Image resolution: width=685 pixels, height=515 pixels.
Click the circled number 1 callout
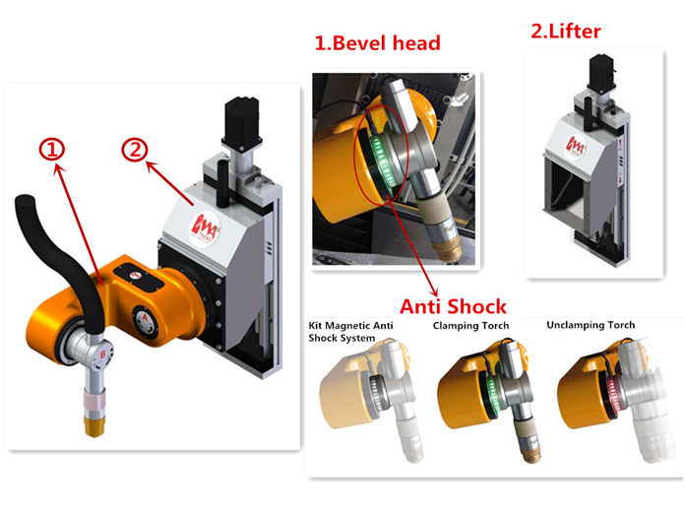pos(52,150)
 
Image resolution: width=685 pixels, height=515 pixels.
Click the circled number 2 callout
pos(134,150)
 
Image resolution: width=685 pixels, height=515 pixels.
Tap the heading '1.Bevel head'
pos(378,43)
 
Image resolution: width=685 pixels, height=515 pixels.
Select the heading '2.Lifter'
pos(566,32)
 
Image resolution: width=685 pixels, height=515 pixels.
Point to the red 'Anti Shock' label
pos(453,306)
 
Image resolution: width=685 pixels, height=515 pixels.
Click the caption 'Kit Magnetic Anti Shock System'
pos(350,332)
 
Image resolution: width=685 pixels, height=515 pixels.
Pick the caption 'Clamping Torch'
pos(470,326)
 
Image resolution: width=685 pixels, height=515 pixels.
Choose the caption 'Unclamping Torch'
pos(591,325)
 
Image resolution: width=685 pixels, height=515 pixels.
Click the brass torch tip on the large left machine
pos(94,425)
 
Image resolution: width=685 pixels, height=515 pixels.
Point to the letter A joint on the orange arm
pos(145,319)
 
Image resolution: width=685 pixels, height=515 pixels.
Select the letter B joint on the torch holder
pos(102,354)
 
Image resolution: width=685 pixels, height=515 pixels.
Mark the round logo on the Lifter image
pos(576,148)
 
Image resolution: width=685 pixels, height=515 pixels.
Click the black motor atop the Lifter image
pos(602,73)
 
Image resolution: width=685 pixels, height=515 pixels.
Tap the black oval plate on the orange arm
pos(139,280)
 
